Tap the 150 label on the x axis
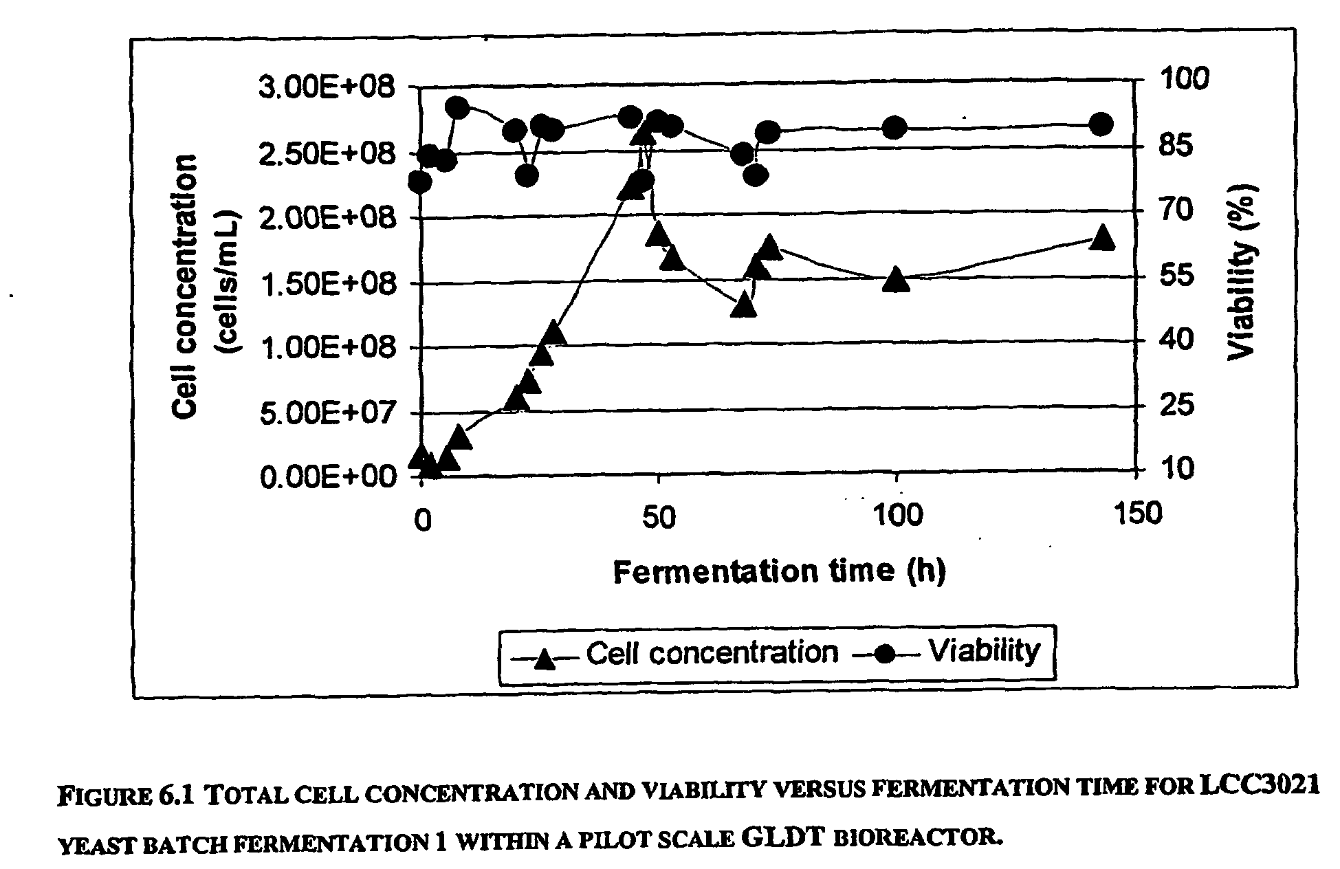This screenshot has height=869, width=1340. click(x=1136, y=515)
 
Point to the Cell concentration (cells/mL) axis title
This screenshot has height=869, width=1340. click(x=204, y=285)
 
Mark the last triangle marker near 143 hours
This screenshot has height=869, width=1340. click(x=1102, y=237)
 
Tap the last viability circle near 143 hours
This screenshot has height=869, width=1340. click(x=1101, y=124)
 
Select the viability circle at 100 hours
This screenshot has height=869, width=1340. click(x=894, y=127)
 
